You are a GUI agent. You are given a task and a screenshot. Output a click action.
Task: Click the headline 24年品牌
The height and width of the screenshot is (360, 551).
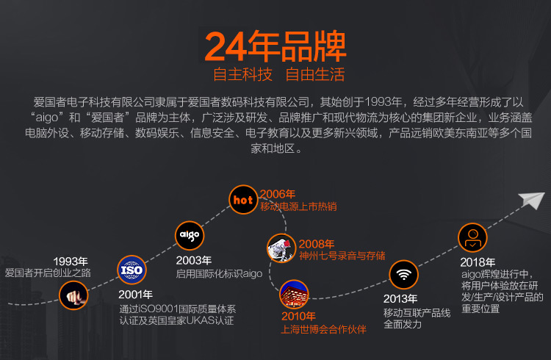(275, 46)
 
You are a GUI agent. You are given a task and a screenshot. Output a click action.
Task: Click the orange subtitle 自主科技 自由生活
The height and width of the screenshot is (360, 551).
(278, 75)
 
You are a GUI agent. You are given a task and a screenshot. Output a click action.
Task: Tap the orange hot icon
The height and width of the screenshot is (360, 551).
(242, 199)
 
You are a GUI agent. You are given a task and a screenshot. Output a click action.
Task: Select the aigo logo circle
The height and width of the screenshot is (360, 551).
(188, 235)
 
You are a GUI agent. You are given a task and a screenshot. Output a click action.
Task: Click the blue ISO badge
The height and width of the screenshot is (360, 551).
(132, 270)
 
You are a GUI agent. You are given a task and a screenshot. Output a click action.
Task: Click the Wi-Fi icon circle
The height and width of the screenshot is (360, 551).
(402, 276)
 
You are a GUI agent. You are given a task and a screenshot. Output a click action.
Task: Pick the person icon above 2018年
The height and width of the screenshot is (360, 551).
(472, 238)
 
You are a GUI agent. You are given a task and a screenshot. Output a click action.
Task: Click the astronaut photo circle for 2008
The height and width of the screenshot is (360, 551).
(281, 248)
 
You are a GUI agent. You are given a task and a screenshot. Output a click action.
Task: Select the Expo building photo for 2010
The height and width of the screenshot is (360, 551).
(295, 293)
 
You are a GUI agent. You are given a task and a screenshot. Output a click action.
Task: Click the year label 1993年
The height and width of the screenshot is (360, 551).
(71, 261)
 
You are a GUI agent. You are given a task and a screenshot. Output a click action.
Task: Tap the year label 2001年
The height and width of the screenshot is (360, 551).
(136, 295)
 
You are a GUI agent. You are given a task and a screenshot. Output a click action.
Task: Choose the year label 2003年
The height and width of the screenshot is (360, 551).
(194, 260)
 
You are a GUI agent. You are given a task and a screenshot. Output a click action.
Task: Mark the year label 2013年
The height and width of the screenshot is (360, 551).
(400, 299)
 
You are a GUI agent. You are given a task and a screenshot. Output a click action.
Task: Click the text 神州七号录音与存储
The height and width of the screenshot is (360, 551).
(342, 256)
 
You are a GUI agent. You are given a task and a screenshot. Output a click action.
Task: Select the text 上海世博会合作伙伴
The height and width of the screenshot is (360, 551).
(323, 328)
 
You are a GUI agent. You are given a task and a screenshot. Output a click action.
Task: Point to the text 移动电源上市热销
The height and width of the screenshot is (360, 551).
(298, 206)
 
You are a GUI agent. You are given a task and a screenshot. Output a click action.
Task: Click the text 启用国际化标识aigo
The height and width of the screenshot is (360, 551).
(219, 273)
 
